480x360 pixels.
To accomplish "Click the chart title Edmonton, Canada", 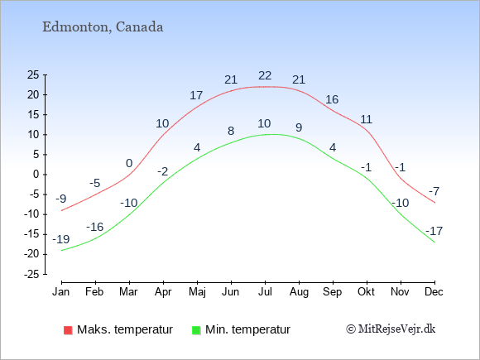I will click(x=103, y=26).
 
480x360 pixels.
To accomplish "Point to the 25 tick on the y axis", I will click(x=33, y=75).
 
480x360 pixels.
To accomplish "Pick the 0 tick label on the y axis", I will click(x=36, y=175).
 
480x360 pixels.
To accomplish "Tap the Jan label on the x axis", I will click(x=61, y=291).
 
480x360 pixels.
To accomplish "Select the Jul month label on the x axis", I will click(x=265, y=291).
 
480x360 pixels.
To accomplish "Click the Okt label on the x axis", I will click(x=366, y=291).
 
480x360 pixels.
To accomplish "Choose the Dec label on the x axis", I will click(x=434, y=291).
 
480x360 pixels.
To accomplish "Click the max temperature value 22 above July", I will click(x=265, y=75).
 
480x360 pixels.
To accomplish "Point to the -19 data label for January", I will click(x=61, y=240).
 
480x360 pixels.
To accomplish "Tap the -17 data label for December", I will click(x=434, y=231).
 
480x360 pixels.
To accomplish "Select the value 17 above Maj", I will click(x=196, y=96).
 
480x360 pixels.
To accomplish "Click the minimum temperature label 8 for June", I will click(x=231, y=131).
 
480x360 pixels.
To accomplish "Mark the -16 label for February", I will click(x=95, y=227).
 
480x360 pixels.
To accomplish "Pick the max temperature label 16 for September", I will click(x=332, y=100).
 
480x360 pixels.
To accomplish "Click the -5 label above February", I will click(x=95, y=184).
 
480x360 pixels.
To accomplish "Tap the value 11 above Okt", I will click(x=366, y=119).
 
